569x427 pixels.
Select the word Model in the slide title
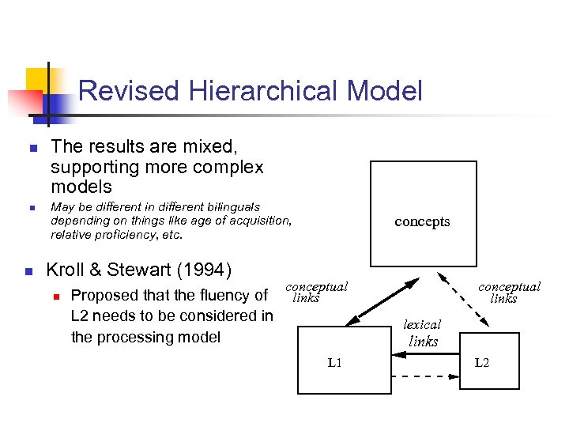384,92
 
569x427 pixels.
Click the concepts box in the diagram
423,213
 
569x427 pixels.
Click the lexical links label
423,333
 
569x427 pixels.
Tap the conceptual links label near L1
316,293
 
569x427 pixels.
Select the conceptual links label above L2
509,293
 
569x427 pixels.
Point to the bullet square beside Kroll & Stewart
29,271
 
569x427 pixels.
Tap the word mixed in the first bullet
212,147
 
